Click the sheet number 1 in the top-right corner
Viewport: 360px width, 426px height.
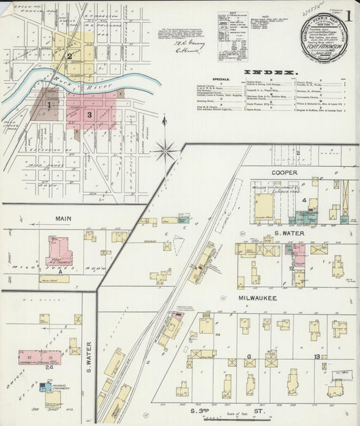[349, 14]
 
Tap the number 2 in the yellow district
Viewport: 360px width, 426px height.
[69, 56]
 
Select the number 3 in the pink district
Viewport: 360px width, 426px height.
[89, 115]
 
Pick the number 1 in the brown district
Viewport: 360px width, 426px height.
[49, 105]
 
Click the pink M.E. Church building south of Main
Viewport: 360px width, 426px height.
[59, 252]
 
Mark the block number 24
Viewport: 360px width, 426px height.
[49, 367]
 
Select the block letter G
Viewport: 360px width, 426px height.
[249, 356]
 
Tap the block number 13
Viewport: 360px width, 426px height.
[316, 356]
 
